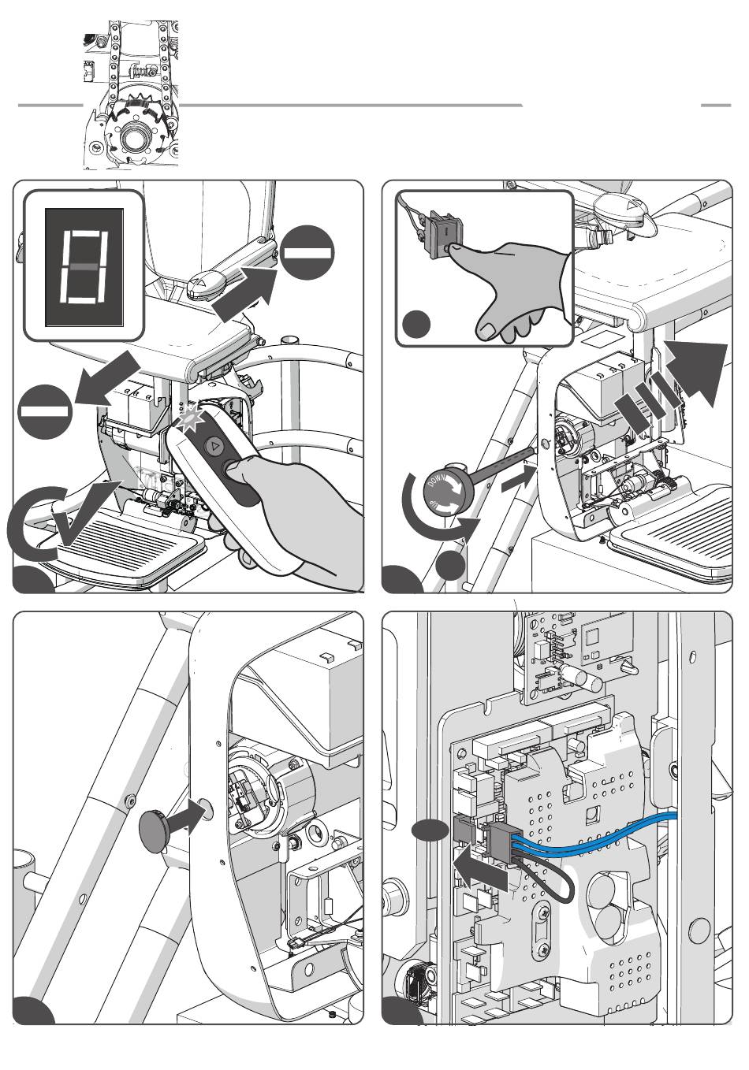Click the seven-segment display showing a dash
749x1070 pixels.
pos(84,266)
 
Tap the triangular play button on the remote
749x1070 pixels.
pos(214,446)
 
